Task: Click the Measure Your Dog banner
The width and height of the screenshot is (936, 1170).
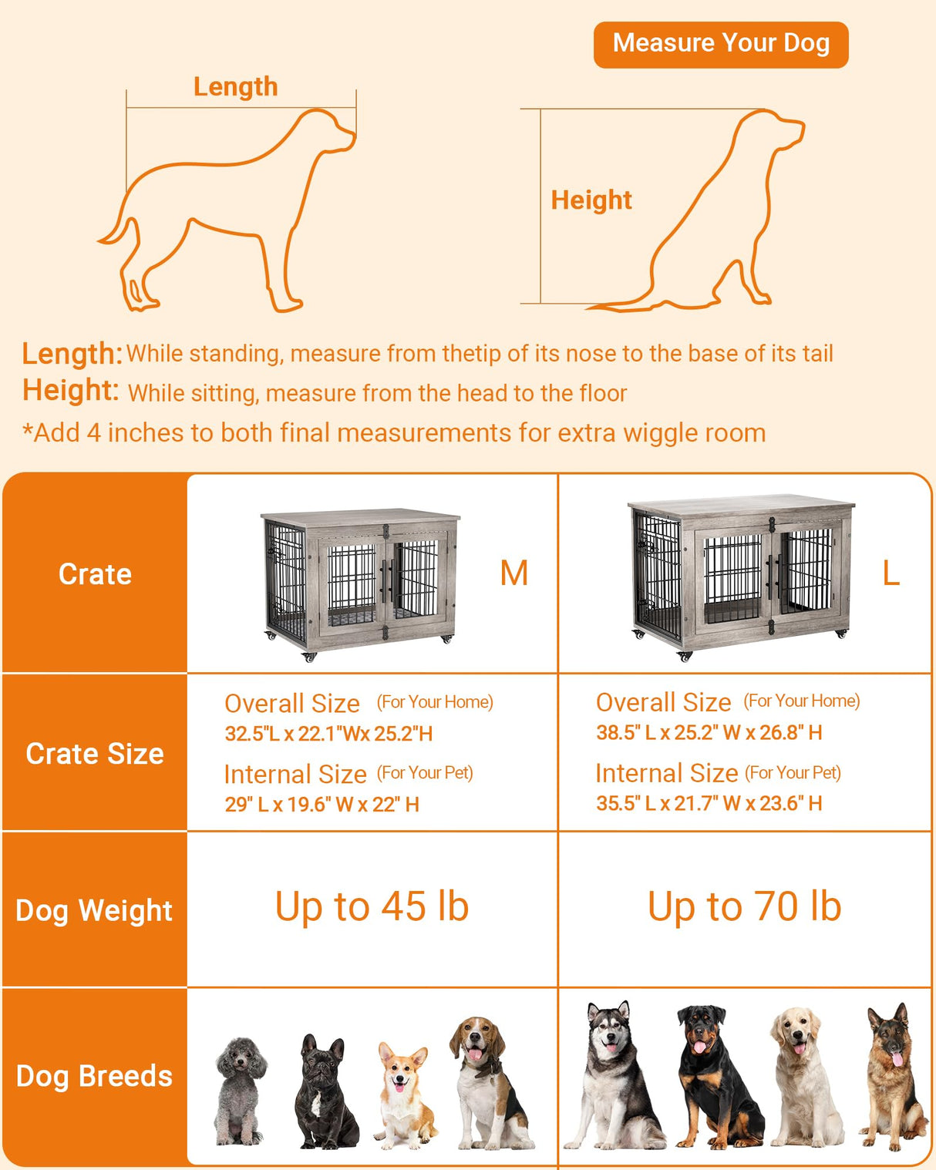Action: pos(720,44)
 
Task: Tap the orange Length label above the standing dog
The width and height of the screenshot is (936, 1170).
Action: pos(235,86)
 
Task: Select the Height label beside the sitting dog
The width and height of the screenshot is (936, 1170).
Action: pos(591,200)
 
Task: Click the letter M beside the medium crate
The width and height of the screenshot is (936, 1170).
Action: pos(513,573)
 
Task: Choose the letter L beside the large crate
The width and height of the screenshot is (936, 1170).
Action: pos(891,573)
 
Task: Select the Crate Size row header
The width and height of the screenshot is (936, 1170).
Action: pos(95,753)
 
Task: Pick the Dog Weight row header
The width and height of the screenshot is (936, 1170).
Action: pos(94,910)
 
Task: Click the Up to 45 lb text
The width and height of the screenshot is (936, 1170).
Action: pos(372,906)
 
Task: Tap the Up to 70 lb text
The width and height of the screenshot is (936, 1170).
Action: pos(744,906)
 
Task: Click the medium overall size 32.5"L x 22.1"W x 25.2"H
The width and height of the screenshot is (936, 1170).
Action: pos(328,734)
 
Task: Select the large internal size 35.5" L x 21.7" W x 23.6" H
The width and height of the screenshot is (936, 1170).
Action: pos(709,803)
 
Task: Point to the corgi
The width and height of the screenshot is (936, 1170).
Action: pos(403,1094)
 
